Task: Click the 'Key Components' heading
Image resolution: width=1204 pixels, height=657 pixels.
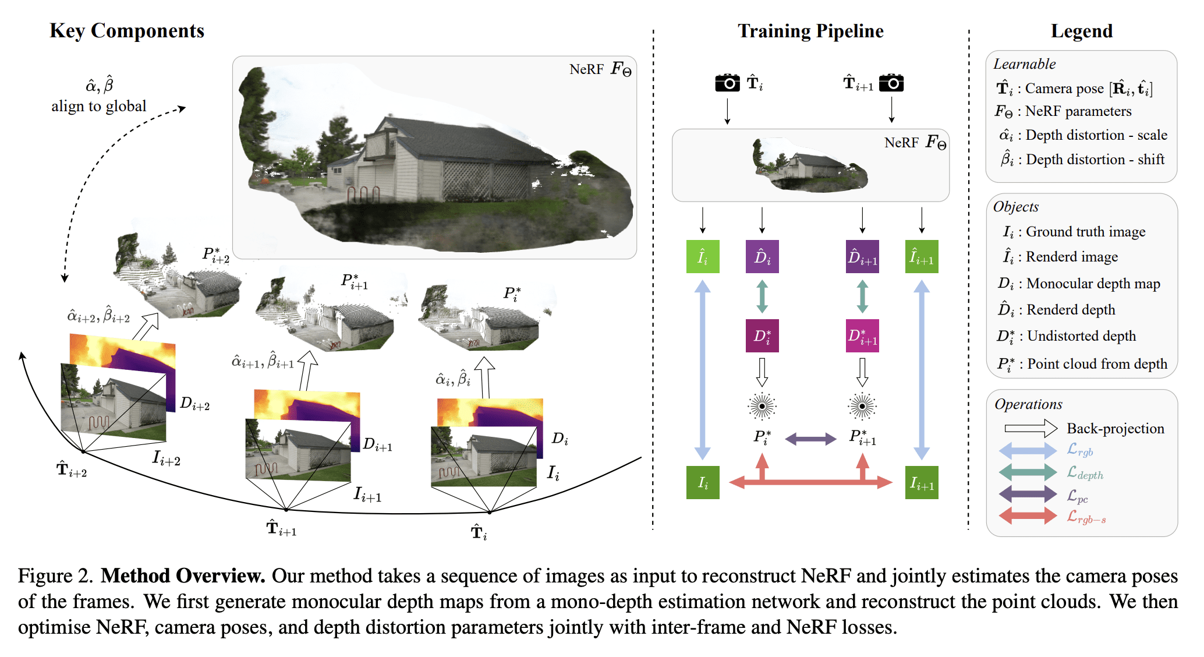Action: [127, 31]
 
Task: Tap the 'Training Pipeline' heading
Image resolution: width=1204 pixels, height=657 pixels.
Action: [810, 31]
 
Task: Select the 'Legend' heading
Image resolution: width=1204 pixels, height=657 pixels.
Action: [1081, 31]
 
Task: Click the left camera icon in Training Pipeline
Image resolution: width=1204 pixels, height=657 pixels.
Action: [727, 83]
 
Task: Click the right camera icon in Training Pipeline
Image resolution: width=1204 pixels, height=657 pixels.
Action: [891, 83]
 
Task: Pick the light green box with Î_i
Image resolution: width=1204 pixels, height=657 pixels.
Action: [703, 256]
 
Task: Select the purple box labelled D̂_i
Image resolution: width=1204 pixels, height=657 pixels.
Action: [762, 256]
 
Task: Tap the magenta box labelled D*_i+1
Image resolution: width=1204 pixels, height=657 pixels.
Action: [862, 335]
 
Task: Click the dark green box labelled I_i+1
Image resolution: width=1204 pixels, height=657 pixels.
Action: [922, 483]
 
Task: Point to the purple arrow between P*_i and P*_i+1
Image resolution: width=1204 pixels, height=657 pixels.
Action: [810, 439]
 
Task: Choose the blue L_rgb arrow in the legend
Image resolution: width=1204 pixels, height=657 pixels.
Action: [1028, 450]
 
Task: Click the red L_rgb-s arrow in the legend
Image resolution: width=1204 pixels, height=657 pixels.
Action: [1028, 515]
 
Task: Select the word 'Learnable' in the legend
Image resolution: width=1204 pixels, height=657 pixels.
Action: [1024, 64]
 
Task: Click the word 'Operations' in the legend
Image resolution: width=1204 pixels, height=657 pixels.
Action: [1028, 404]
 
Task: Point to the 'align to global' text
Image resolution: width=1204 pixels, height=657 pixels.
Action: [98, 106]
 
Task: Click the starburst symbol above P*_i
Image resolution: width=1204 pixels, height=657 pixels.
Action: [762, 406]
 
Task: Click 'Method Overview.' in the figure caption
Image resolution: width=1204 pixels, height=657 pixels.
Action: [183, 576]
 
